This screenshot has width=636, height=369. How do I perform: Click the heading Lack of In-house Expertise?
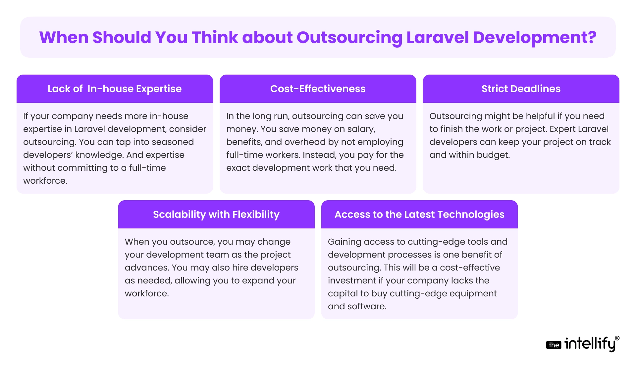pyautogui.click(x=115, y=89)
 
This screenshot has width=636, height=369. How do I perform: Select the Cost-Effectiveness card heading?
pyautogui.click(x=318, y=89)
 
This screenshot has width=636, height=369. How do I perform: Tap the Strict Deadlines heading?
pyautogui.click(x=521, y=89)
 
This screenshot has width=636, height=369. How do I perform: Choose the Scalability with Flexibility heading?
pyautogui.click(x=216, y=215)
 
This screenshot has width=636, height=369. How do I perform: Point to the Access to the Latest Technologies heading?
pyautogui.click(x=419, y=215)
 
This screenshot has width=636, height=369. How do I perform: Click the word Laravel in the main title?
pyautogui.click(x=437, y=37)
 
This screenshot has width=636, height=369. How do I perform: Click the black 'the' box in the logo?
pyautogui.click(x=554, y=345)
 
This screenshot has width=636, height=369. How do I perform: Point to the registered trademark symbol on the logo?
pyautogui.click(x=617, y=338)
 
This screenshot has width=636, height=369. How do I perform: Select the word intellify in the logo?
pyautogui.click(x=590, y=344)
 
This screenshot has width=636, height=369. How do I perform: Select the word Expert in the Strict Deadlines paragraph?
pyautogui.click(x=563, y=129)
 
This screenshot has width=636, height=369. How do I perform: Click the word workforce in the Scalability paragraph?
pyautogui.click(x=146, y=293)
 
